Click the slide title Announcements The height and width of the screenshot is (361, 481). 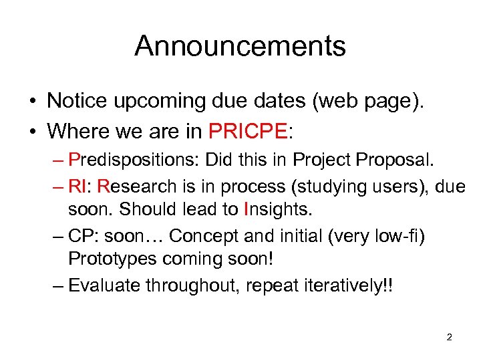tap(240, 46)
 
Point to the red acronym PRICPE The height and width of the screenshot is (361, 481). tap(248, 130)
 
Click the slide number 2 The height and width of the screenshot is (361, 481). tap(449, 337)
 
